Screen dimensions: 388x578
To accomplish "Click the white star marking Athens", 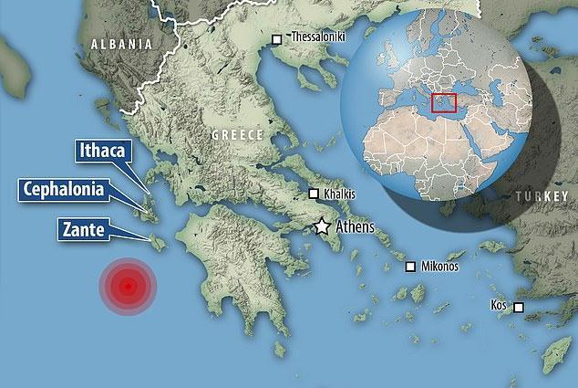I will point(322,227).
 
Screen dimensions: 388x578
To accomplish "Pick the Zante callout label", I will point(90,228).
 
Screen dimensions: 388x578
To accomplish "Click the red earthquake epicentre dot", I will point(129,287).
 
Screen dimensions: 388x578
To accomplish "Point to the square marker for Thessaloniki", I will point(277,38).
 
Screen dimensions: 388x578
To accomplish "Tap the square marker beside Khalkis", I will point(314,194).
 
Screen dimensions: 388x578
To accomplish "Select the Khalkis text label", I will point(339,194).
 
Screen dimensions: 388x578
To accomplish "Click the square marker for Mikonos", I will point(411,267).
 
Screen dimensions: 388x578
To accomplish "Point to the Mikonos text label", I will point(439,267).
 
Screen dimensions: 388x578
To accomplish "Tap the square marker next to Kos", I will point(519,307).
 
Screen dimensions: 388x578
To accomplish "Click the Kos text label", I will point(498,303).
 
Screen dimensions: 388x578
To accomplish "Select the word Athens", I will point(356,226).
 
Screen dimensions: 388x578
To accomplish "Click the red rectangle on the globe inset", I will point(444,104).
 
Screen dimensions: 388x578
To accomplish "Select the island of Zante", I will point(156,244).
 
